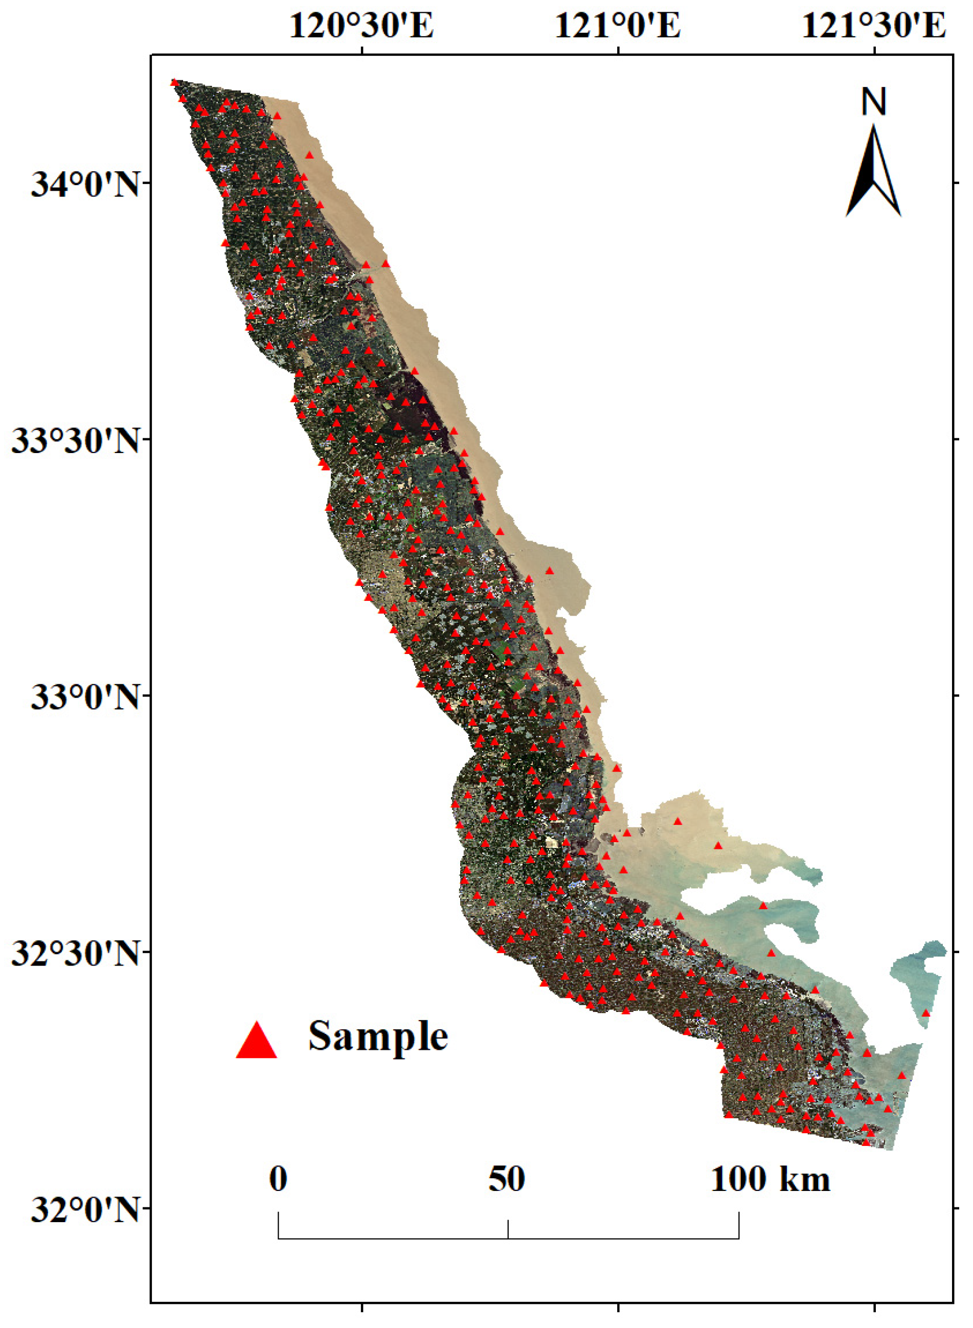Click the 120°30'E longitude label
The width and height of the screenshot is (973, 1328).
coord(361,27)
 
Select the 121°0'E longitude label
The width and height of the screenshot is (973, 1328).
coord(618,27)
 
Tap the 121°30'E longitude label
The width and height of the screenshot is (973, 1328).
coord(873,27)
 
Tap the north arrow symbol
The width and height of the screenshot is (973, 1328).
coord(873,171)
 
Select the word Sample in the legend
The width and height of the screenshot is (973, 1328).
coord(377,1037)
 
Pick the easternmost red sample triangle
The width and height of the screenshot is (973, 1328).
coord(925,1013)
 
